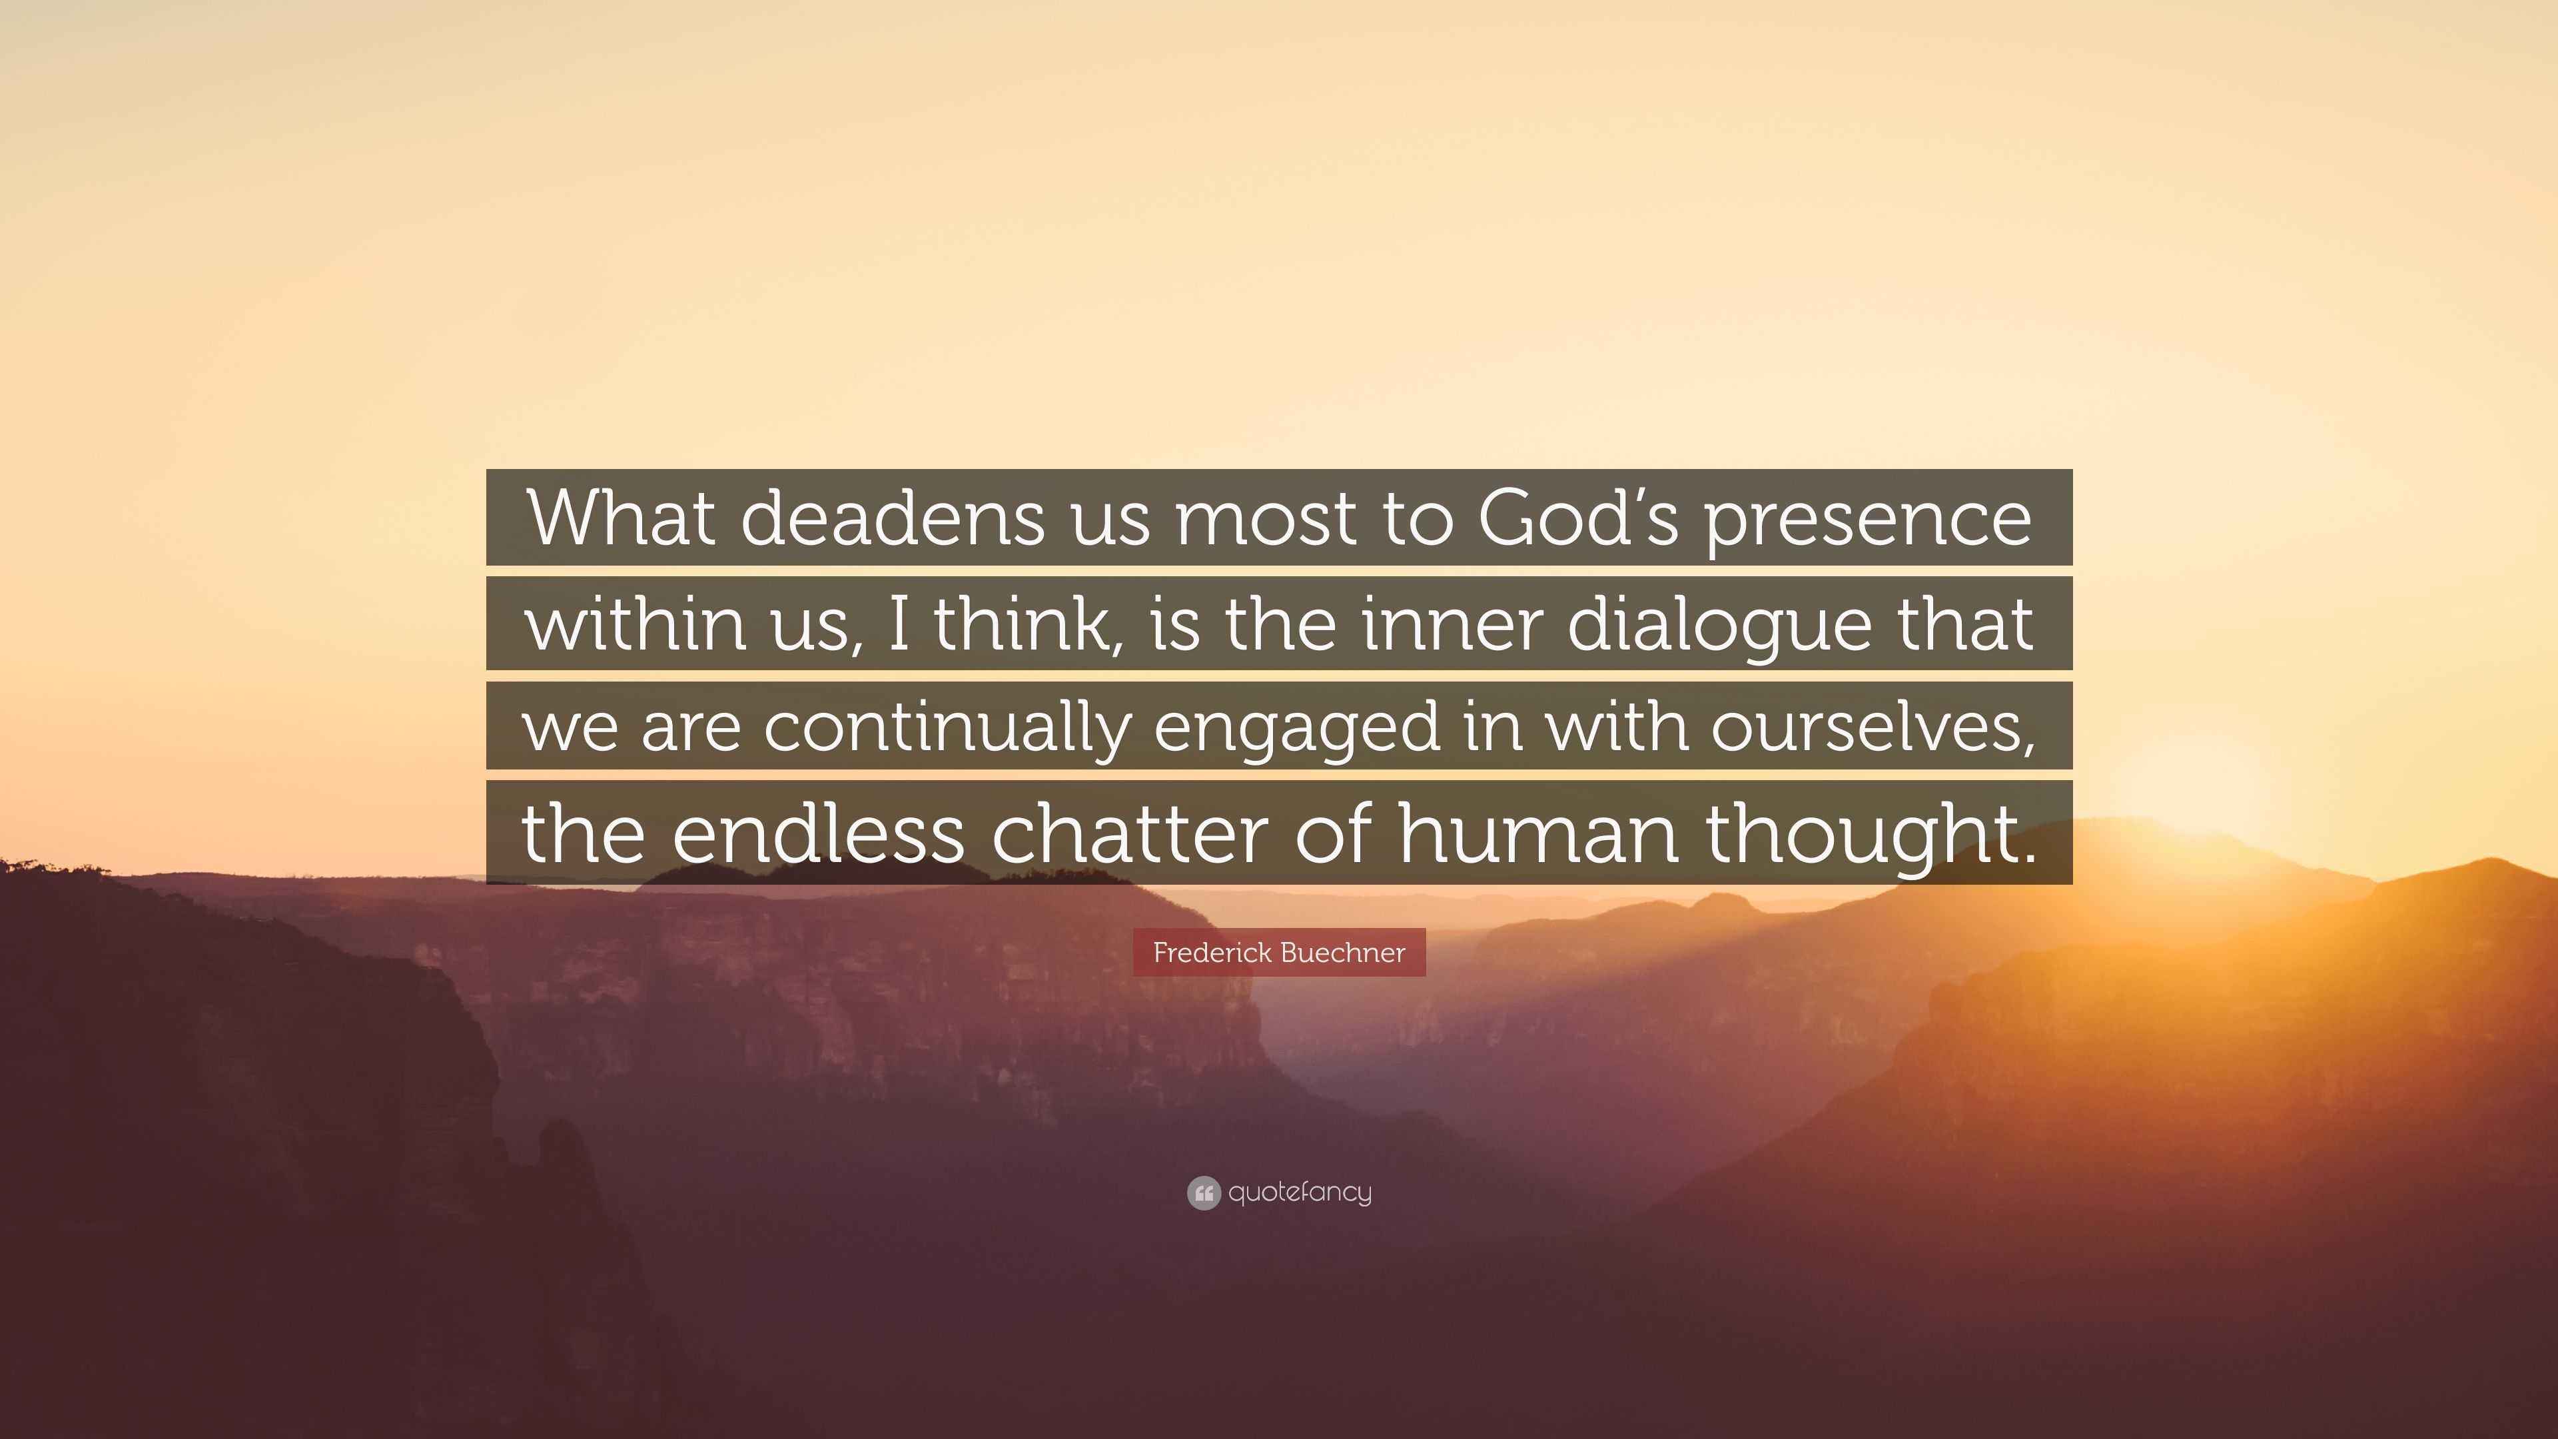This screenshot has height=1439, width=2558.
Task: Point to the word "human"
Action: (1538, 831)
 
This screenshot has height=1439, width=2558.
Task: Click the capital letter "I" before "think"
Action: (900, 623)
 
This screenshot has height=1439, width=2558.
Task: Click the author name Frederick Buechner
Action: (1279, 953)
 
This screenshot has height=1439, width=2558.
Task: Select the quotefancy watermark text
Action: (1300, 1193)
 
